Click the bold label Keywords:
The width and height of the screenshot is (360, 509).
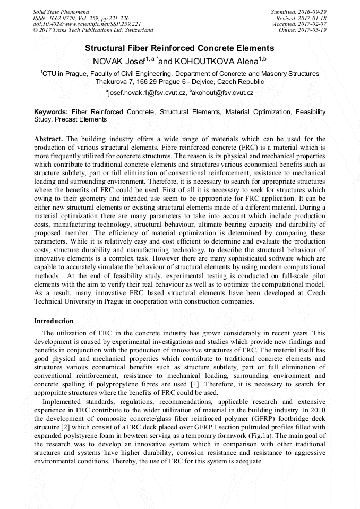(51, 113)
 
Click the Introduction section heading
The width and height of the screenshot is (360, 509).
(54, 321)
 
